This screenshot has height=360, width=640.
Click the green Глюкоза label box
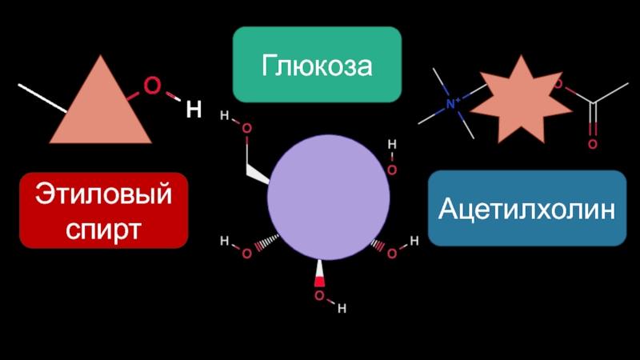[x=317, y=65]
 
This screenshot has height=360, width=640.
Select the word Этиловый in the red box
[x=103, y=196]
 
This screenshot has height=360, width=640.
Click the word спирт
[x=103, y=227]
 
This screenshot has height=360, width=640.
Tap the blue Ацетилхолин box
[x=527, y=209]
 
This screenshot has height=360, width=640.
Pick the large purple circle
[x=329, y=197]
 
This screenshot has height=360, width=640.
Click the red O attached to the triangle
[x=150, y=85]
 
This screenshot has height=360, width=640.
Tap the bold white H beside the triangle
[x=193, y=110]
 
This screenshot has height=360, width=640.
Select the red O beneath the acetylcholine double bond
[x=593, y=144]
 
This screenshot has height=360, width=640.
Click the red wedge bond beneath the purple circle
[x=319, y=274]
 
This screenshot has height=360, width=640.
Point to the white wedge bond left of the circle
[x=257, y=172]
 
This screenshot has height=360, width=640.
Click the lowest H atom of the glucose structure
[x=342, y=308]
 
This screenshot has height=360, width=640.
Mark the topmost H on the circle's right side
[x=392, y=145]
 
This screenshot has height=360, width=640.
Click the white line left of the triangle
[x=42, y=97]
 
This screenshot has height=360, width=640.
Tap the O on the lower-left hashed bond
[x=246, y=254]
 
